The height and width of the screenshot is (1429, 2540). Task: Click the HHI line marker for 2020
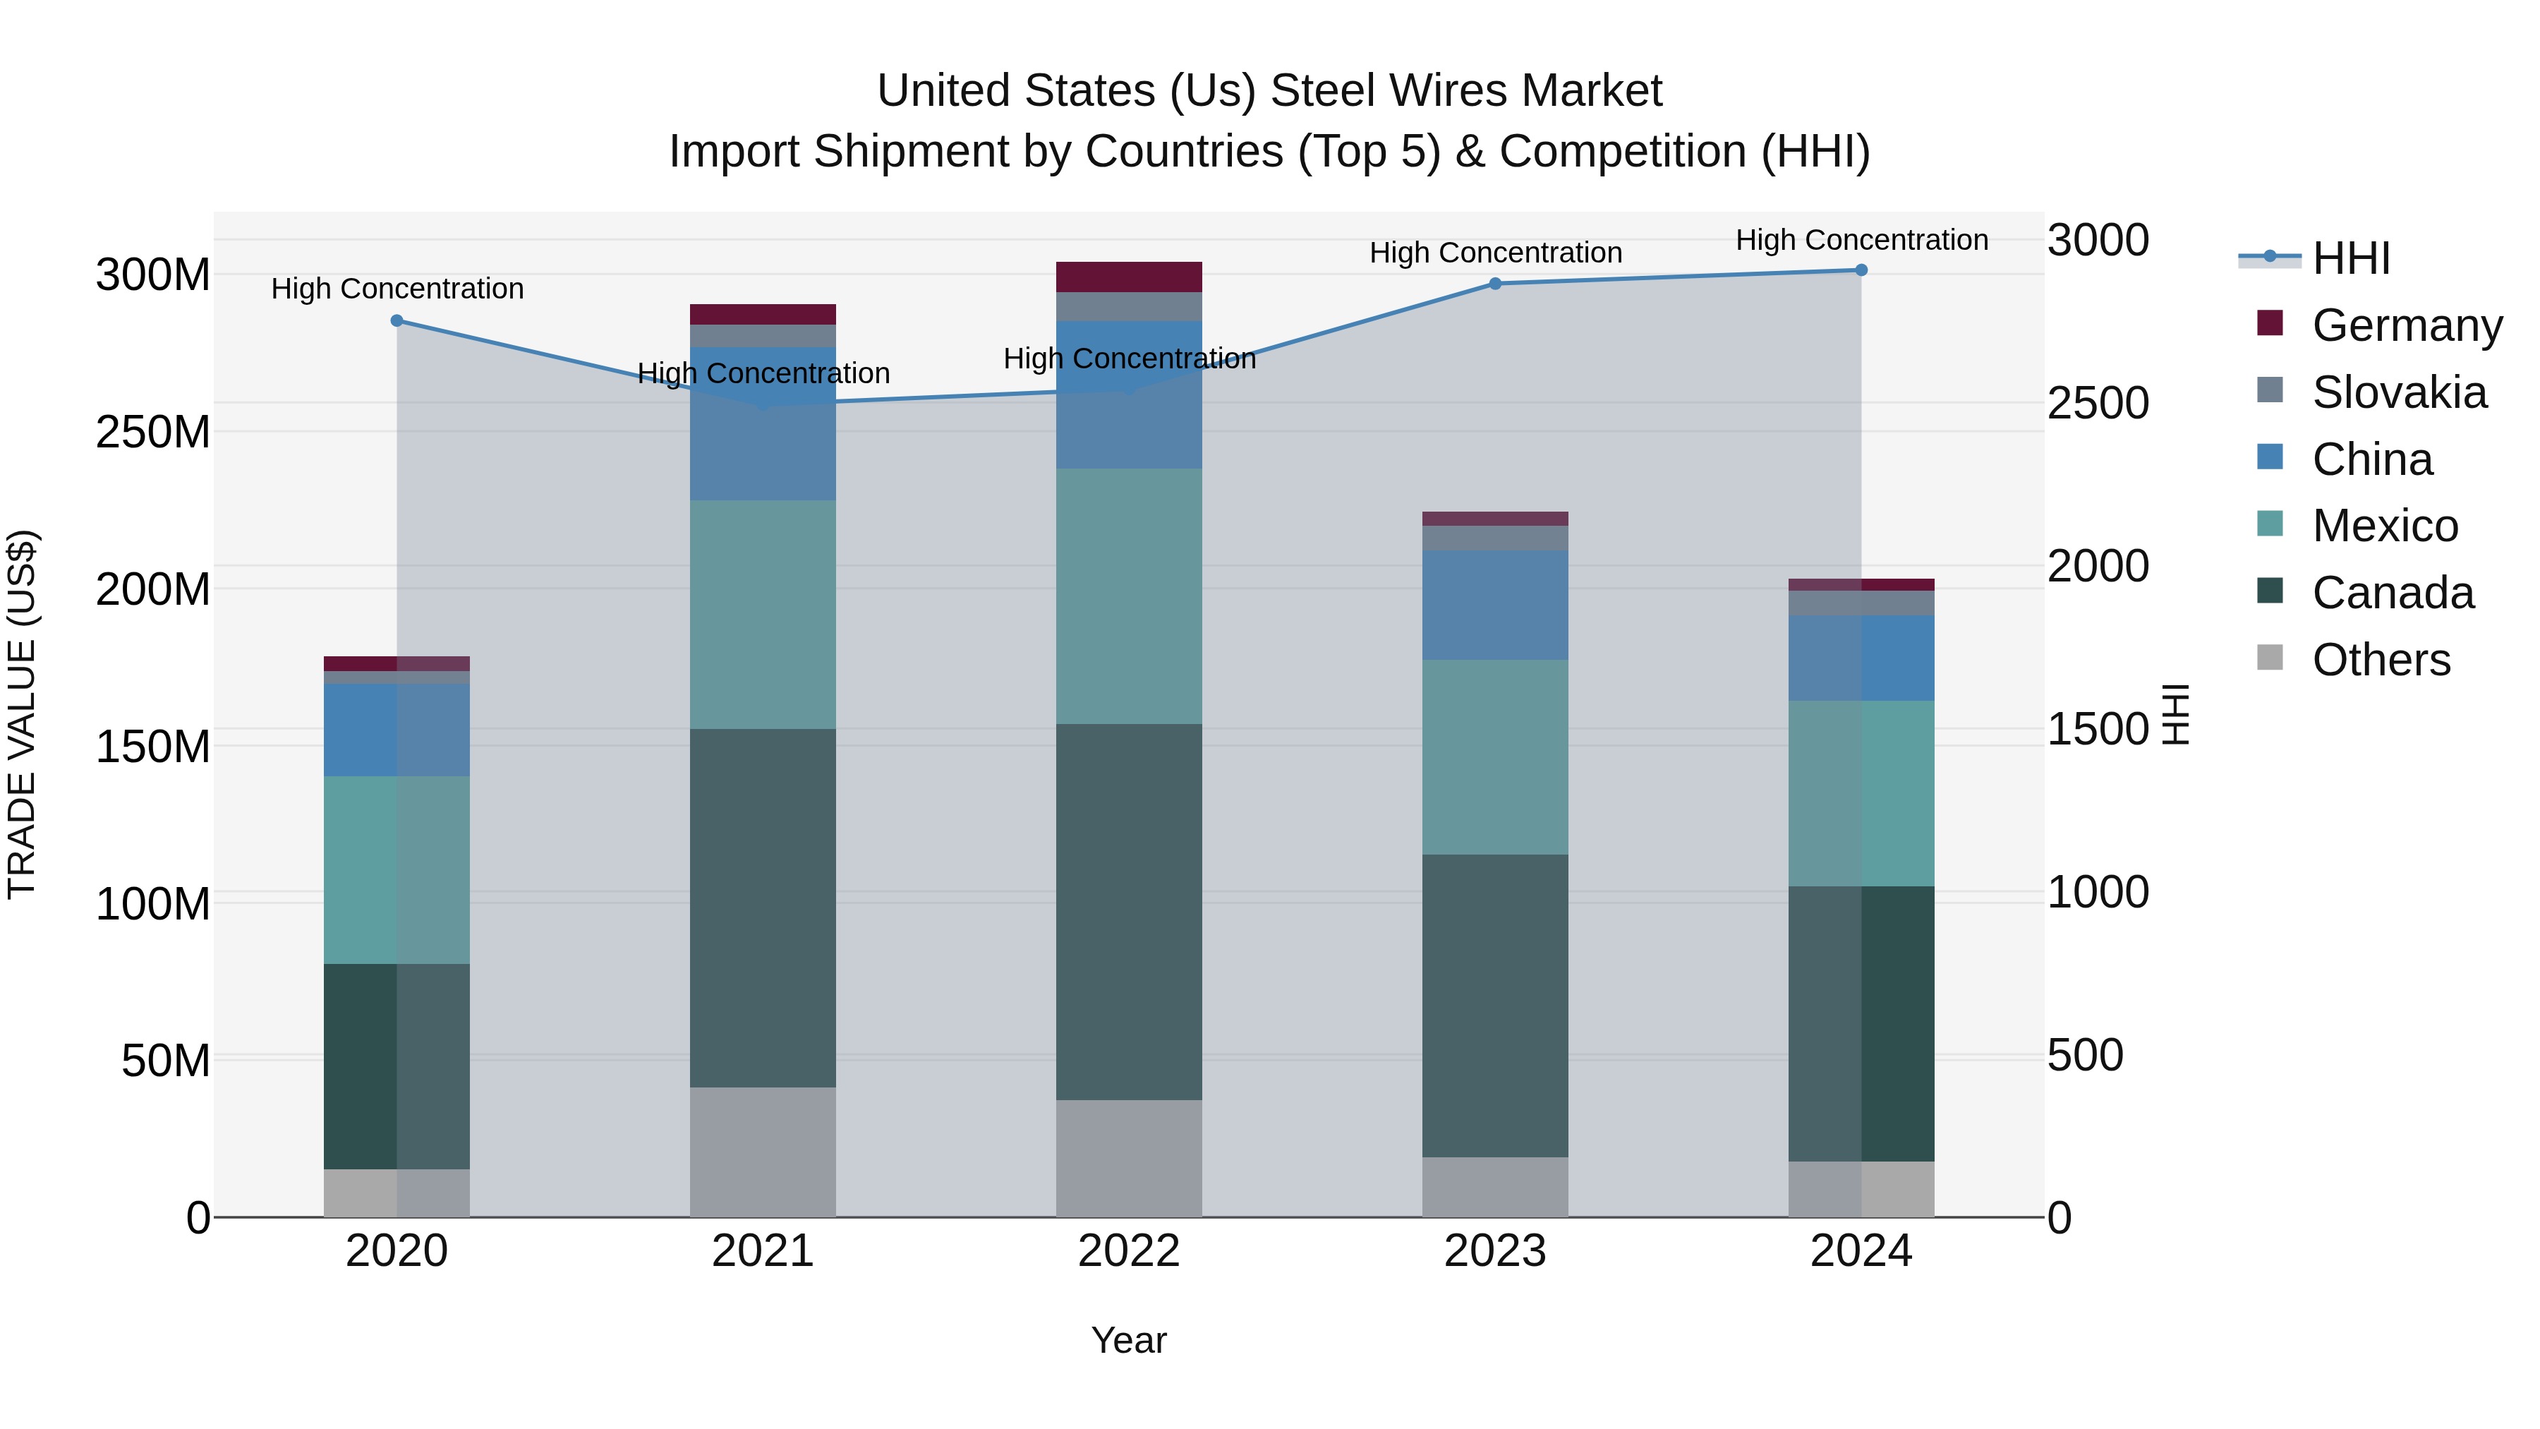(397, 320)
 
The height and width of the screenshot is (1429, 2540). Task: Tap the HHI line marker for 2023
(1495, 284)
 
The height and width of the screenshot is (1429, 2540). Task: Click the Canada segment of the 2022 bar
(1129, 912)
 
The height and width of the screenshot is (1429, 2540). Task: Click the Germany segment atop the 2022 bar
(1129, 277)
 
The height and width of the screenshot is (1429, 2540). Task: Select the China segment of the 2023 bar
(1495, 605)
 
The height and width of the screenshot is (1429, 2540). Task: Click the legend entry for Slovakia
(2398, 392)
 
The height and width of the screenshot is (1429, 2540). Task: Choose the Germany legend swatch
(2270, 323)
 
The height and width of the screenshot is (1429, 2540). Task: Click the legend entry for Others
(2381, 660)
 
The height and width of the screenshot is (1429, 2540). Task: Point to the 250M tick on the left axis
(153, 432)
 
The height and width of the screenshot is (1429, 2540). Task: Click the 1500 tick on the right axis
(2098, 729)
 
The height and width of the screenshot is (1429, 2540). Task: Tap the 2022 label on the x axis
(1129, 1251)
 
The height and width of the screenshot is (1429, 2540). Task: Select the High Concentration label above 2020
(397, 289)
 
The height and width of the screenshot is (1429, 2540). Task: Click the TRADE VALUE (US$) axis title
(22, 714)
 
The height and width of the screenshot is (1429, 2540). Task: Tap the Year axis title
(1129, 1340)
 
